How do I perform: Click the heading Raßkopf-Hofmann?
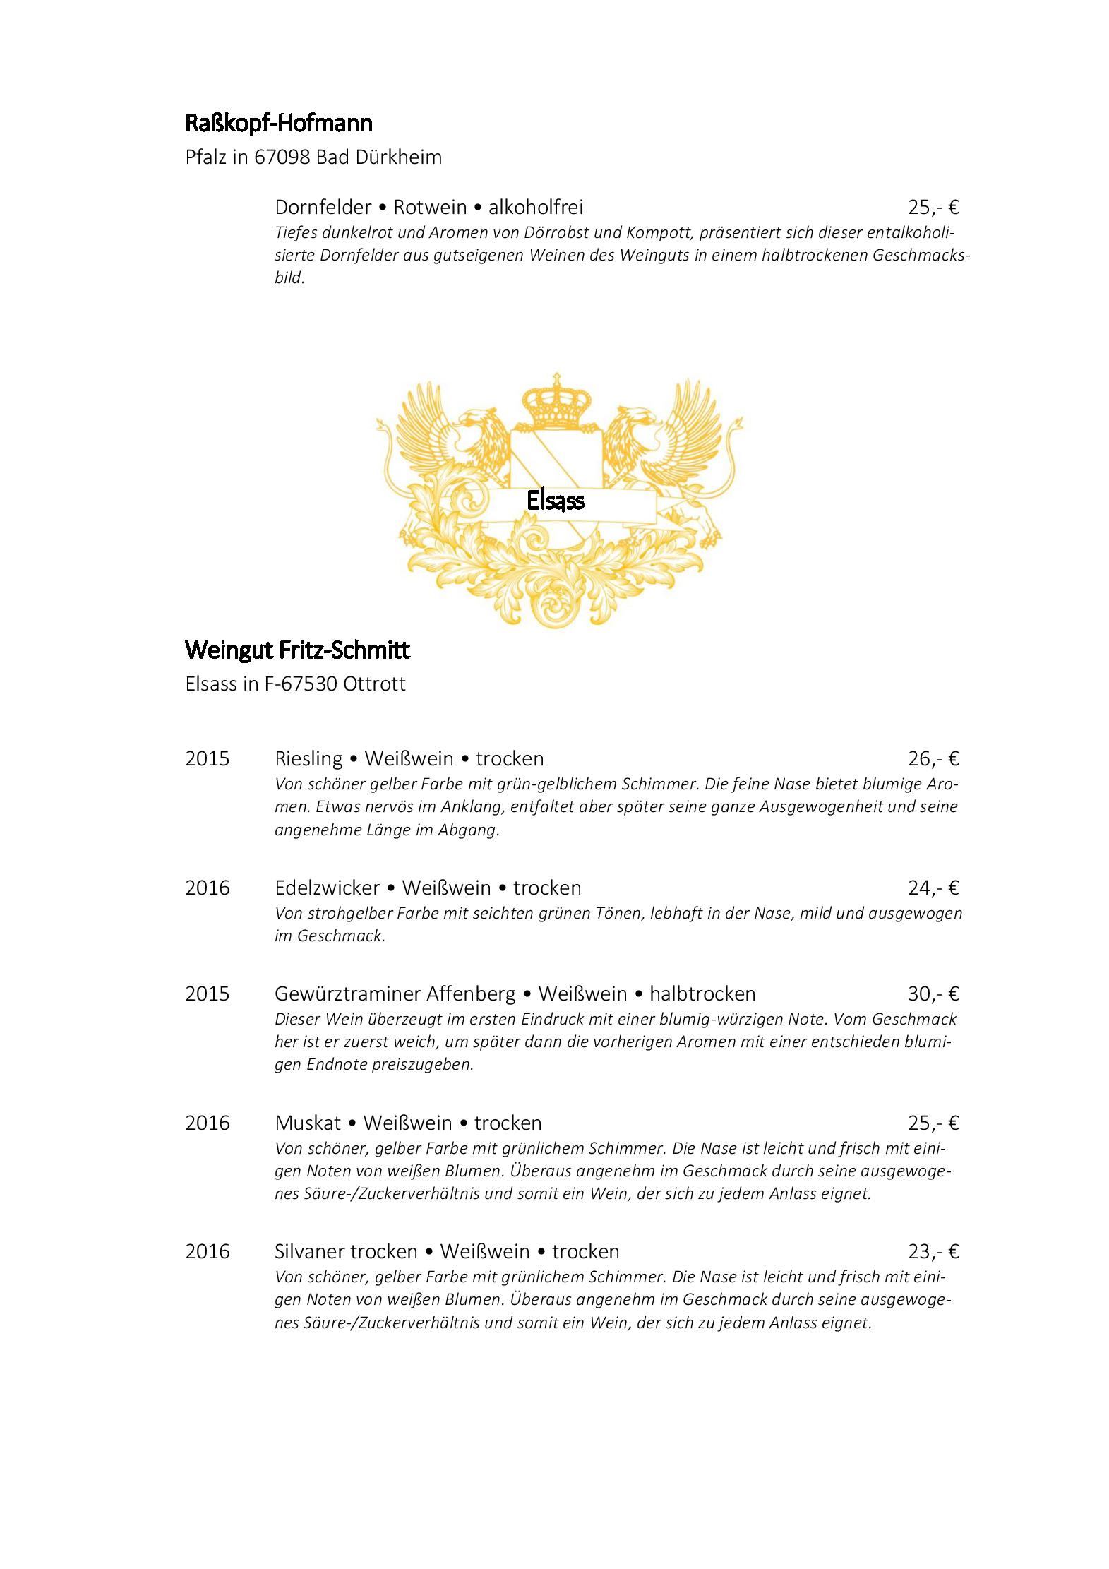tap(279, 124)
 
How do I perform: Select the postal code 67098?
tap(282, 157)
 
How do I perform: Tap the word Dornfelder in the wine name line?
tap(323, 207)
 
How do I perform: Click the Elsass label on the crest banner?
tap(556, 501)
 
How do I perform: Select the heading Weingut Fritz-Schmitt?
tap(297, 650)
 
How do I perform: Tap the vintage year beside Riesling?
tap(208, 758)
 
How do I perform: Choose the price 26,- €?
tap(933, 758)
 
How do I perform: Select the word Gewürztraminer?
tap(347, 994)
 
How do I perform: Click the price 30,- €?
tap(933, 994)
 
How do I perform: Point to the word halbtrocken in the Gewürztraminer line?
tap(702, 994)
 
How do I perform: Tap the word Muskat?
tap(307, 1122)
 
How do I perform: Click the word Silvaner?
tap(309, 1251)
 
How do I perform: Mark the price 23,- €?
tap(933, 1251)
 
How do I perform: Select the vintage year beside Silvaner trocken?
tap(208, 1251)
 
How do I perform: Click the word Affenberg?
tap(471, 994)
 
